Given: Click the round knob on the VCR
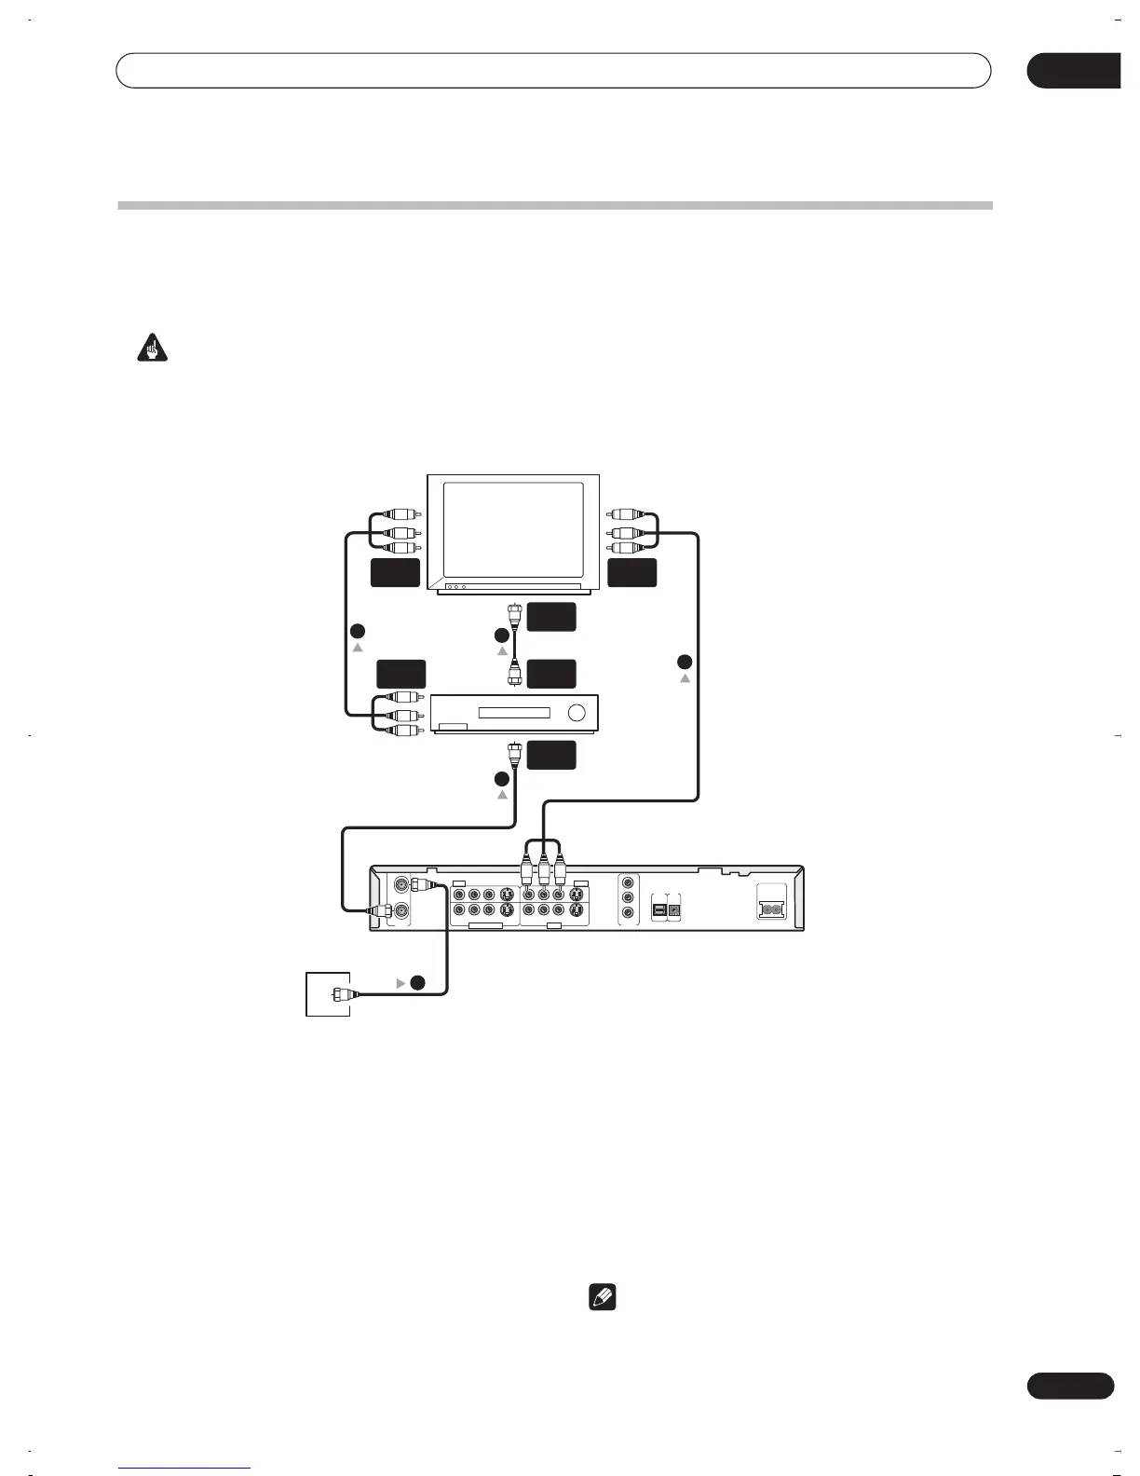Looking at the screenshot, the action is point(577,714).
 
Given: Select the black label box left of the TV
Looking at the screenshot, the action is point(395,573).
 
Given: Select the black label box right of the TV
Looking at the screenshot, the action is point(631,573).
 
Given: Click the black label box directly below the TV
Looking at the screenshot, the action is point(550,617).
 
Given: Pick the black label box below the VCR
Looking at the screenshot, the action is point(550,755).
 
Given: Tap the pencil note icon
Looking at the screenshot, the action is point(602,1297).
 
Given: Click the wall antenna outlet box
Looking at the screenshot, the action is point(328,994).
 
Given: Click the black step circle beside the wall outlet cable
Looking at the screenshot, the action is point(418,982).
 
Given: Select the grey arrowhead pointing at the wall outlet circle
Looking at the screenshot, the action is point(401,982).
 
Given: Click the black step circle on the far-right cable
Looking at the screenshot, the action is point(685,662).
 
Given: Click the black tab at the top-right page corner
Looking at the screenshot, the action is point(1073,71).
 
